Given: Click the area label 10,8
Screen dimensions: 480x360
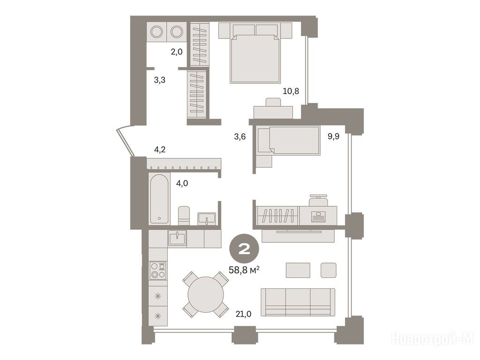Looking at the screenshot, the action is (291, 91).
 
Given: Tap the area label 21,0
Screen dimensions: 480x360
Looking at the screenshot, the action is (243, 314).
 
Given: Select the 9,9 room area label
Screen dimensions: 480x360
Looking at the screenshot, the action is (333, 136).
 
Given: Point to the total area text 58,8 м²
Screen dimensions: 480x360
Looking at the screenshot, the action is (244, 270).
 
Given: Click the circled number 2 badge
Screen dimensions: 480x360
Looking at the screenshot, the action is (244, 250).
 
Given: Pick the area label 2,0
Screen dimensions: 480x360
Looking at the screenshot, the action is (177, 52).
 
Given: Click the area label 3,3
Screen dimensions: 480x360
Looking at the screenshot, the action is (159, 80).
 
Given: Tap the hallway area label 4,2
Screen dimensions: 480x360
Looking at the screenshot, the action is (159, 150).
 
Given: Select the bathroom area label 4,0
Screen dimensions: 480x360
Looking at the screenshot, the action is (182, 183).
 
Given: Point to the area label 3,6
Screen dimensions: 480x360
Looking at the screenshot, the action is (240, 136).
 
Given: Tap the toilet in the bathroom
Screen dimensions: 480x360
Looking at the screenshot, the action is (184, 216).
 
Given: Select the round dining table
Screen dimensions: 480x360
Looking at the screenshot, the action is (205, 294).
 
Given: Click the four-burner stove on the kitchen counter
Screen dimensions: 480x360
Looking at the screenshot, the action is (158, 270).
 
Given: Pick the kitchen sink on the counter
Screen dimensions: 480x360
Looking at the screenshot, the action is (177, 238).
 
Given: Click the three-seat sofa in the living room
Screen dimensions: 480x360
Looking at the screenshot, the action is (298, 302).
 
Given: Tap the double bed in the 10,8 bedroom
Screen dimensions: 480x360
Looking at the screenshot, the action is (255, 53).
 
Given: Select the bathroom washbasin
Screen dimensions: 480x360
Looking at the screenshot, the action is (207, 218).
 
